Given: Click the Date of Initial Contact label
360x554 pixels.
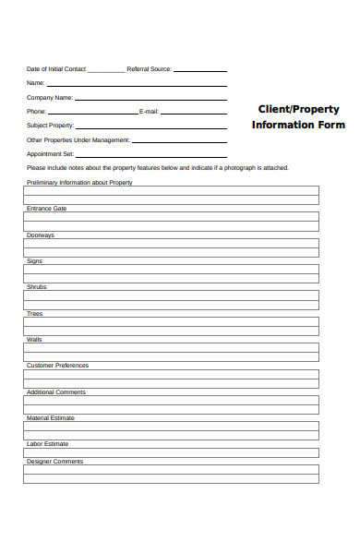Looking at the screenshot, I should pos(57,69).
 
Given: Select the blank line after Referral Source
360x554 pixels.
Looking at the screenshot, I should pos(200,70).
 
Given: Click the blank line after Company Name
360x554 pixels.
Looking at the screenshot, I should pos(150,99).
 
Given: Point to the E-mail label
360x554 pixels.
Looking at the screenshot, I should pos(149,112).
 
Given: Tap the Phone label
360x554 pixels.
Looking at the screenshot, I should pos(36,112).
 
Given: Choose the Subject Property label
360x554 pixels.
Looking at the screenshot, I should pos(50,126).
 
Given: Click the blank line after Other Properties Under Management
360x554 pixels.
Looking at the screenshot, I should pos(180,141).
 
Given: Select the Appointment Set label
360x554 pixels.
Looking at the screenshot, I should pos(50,154).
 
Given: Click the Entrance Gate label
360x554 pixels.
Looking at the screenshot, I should pos(46,209).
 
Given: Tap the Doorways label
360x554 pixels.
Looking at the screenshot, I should pos(41,235).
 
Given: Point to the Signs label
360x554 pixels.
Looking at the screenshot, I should pos(35,261).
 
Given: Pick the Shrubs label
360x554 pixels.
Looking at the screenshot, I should pos(37,287).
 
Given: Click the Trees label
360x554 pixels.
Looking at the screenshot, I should pos(35,314).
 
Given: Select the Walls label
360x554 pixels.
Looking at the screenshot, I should pos(35,340).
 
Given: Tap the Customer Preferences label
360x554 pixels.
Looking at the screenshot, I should pos(58,366).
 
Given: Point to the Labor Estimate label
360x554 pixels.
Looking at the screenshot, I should pos(48,444).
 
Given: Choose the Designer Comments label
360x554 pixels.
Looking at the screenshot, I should pos(54,462).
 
